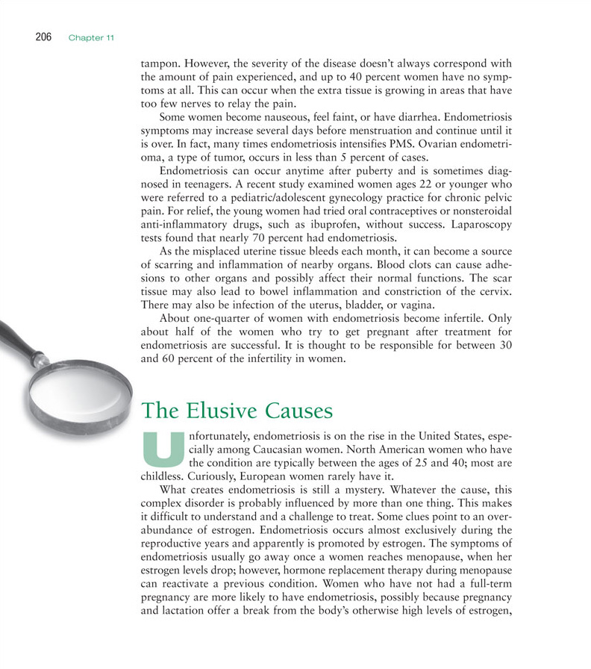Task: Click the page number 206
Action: [x=43, y=37]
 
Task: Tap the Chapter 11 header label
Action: [x=91, y=38]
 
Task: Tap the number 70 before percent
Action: [x=257, y=238]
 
